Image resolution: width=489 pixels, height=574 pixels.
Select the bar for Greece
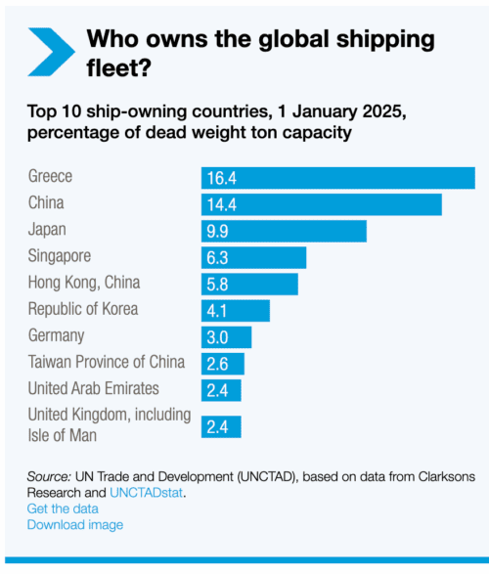337,178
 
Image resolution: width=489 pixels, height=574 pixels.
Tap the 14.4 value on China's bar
220,204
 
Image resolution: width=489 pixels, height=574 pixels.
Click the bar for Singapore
253,257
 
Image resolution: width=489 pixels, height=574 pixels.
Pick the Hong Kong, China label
84,283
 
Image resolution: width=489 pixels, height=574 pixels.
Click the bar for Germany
226,336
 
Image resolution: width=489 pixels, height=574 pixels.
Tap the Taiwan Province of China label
107,362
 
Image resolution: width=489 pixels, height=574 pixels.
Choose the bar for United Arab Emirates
221,389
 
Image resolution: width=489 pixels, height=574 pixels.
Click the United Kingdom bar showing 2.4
221,426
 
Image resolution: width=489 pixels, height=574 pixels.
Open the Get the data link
62,509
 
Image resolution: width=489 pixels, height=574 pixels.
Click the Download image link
75,525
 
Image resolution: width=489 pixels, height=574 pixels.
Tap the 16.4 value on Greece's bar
220,178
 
